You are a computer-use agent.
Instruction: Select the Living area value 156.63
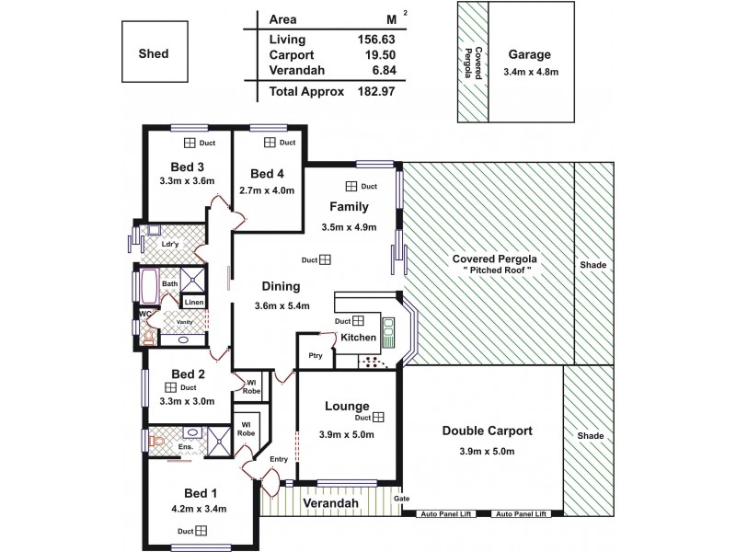pyautogui.click(x=376, y=40)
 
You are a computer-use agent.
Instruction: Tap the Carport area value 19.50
pyautogui.click(x=379, y=55)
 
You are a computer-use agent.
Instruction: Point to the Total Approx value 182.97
pyautogui.click(x=376, y=92)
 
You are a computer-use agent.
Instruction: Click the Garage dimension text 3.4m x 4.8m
pyautogui.click(x=531, y=72)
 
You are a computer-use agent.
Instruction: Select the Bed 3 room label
pyautogui.click(x=188, y=167)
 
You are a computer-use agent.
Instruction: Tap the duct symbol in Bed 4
pyautogui.click(x=270, y=143)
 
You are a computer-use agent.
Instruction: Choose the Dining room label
pyautogui.click(x=281, y=286)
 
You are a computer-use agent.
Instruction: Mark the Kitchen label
pyautogui.click(x=358, y=338)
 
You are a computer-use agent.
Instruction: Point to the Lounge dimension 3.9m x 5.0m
pyautogui.click(x=346, y=434)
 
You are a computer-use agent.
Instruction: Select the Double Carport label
pyautogui.click(x=488, y=430)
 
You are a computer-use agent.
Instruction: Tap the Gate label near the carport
pyautogui.click(x=401, y=500)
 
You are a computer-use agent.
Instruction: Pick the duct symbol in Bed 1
pyautogui.click(x=201, y=531)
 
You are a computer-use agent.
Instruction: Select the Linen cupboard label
pyautogui.click(x=193, y=302)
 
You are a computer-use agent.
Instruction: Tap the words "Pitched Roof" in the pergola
pyautogui.click(x=494, y=271)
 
